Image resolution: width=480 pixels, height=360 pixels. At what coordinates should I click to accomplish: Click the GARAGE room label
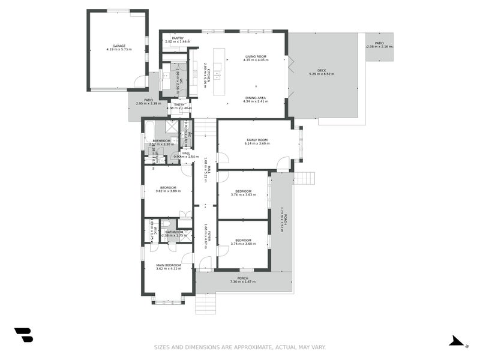118,45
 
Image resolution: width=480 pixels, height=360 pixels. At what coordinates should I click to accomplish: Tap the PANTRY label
178,38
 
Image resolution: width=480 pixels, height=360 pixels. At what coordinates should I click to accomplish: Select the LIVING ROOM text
255,56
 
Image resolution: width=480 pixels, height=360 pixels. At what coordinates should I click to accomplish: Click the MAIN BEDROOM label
168,265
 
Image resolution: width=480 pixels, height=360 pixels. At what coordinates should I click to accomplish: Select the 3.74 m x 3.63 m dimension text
243,194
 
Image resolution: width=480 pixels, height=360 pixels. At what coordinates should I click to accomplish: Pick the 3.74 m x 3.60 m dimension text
243,244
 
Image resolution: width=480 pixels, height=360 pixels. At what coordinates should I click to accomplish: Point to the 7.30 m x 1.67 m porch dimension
243,281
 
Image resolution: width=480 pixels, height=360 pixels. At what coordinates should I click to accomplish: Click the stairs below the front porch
205,304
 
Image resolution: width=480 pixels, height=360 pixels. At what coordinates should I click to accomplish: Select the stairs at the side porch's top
304,178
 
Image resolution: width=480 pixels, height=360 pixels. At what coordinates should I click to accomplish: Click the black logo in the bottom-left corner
23,335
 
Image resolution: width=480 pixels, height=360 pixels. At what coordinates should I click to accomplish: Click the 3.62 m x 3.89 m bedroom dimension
168,191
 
